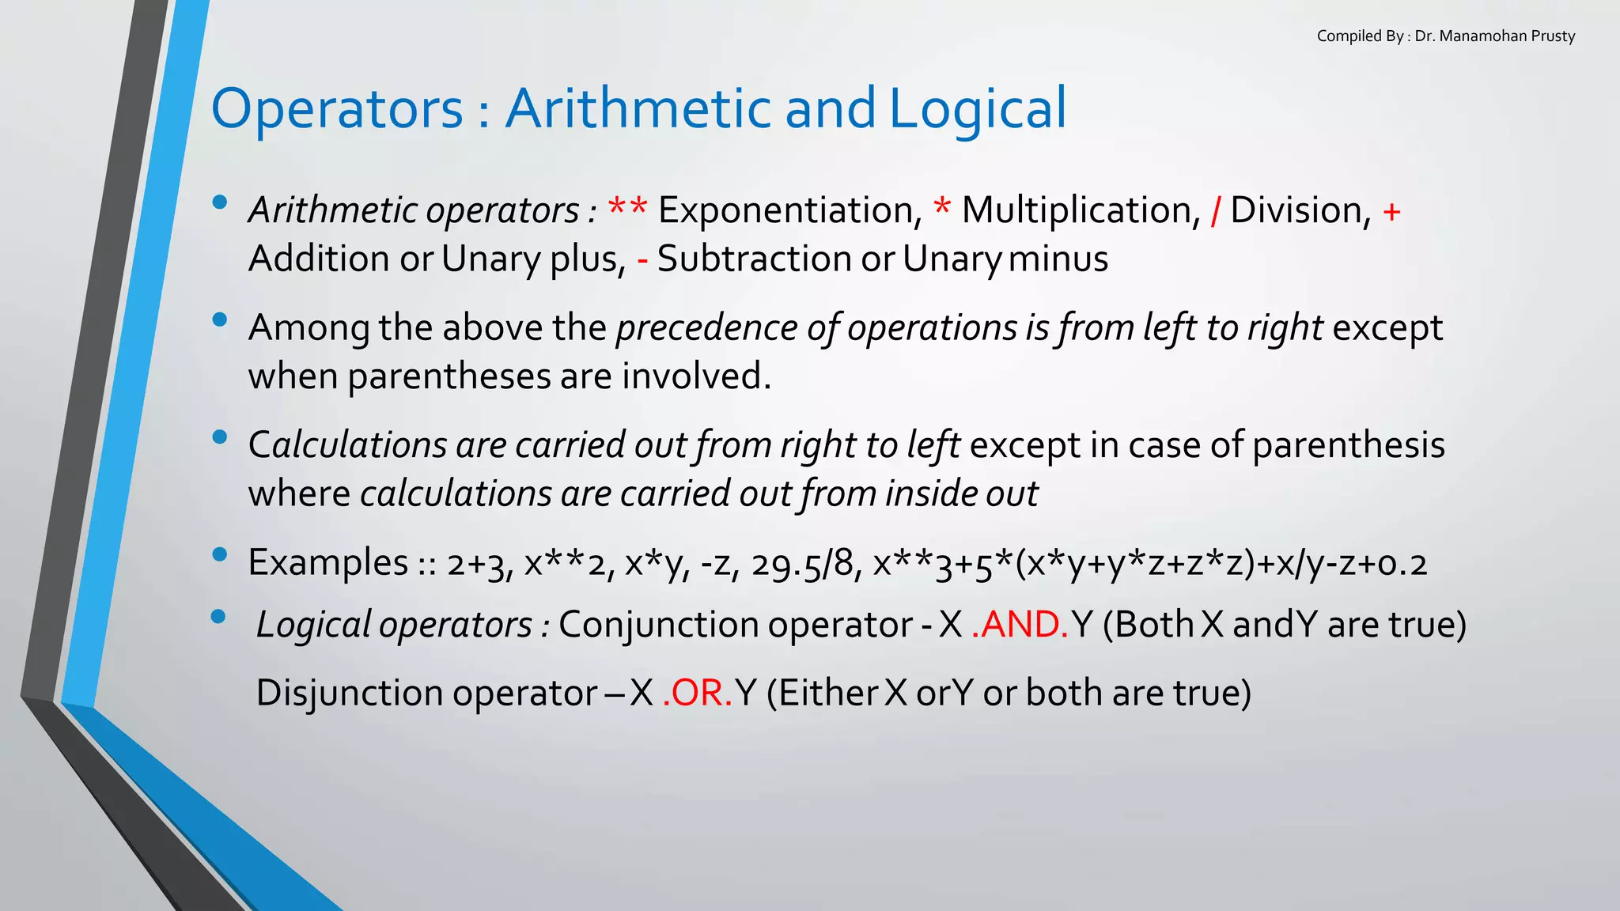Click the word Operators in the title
click(337, 109)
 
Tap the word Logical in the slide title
click(978, 109)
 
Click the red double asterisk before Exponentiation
click(627, 209)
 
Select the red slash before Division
click(1215, 210)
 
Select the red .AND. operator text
click(1020, 625)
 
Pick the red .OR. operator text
click(698, 693)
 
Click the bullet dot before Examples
click(220, 554)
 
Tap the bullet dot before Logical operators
click(219, 616)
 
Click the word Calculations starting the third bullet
click(347, 444)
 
